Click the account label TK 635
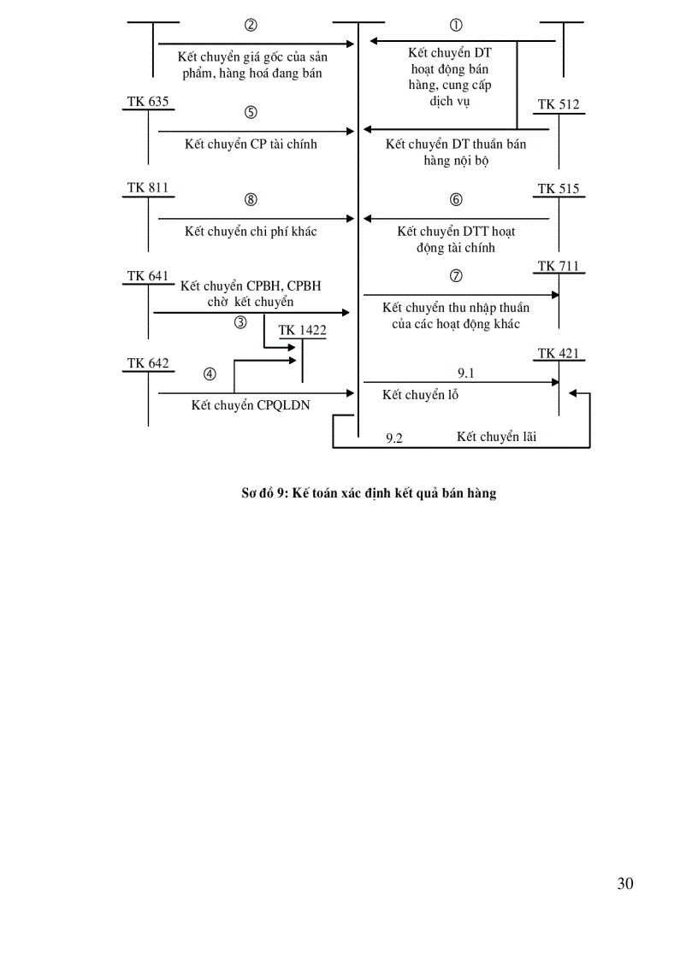[x=148, y=102]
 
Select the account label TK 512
[x=559, y=105]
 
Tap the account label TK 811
[x=148, y=187]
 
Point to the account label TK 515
[x=559, y=189]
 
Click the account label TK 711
[x=559, y=266]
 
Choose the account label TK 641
[x=148, y=275]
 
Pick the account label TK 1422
[x=302, y=330]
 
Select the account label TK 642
[x=148, y=363]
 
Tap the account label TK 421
[x=559, y=353]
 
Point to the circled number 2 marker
[x=251, y=25]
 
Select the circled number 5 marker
[x=251, y=112]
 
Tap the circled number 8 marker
[x=251, y=200]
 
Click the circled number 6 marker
[x=456, y=200]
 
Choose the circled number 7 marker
[x=456, y=276]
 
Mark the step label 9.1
[x=466, y=373]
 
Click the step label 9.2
[x=394, y=438]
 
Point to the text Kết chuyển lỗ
[x=421, y=395]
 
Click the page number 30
[x=625, y=884]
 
